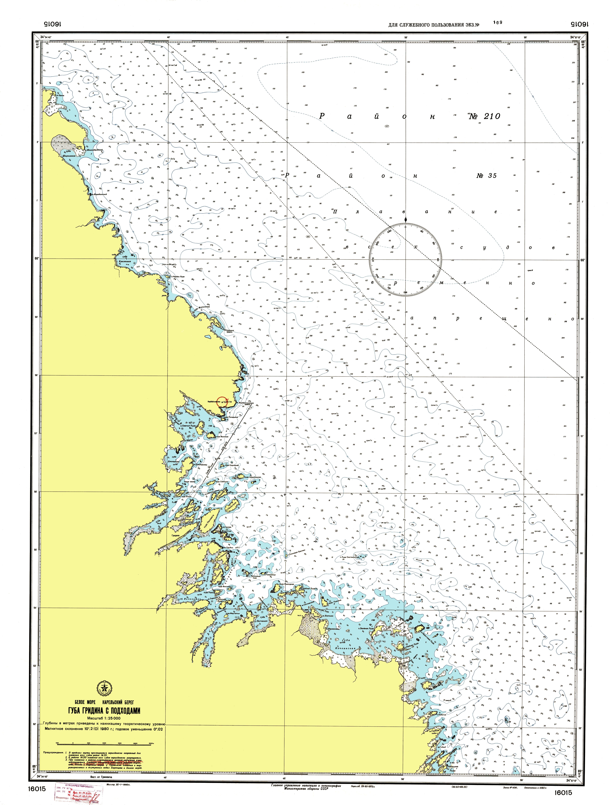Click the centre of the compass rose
pyautogui.click(x=406, y=259)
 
